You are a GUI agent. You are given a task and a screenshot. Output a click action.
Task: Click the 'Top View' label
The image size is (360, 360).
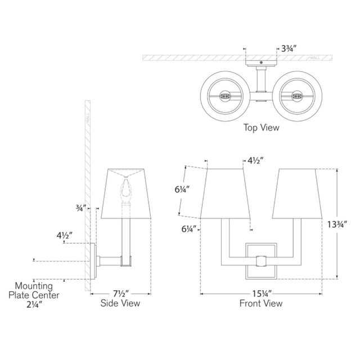click(261, 128)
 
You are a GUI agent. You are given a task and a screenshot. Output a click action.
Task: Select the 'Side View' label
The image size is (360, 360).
click(120, 303)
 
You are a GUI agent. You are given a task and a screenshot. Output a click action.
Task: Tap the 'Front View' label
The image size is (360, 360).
click(261, 303)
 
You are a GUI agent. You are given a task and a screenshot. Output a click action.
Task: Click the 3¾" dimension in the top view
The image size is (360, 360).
click(289, 49)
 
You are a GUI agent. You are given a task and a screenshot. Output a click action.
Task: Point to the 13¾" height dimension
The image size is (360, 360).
click(337, 224)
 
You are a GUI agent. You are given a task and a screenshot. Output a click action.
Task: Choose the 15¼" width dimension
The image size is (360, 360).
click(262, 294)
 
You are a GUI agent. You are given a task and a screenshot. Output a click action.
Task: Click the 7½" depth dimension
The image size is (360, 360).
click(121, 294)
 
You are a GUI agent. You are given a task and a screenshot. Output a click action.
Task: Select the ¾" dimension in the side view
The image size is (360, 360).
click(81, 208)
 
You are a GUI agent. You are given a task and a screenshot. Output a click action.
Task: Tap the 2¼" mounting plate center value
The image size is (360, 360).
click(34, 304)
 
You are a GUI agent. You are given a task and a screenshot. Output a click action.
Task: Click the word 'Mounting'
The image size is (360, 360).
click(34, 286)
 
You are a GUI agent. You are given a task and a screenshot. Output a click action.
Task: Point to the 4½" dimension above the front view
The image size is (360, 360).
click(255, 160)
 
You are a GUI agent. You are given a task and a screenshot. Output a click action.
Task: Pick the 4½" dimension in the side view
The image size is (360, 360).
click(65, 235)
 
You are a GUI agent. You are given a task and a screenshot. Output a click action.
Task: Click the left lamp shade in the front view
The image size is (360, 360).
click(225, 193)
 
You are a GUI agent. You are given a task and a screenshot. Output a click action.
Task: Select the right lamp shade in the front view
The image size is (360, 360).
click(297, 193)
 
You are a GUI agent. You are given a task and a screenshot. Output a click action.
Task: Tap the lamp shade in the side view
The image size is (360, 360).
click(126, 193)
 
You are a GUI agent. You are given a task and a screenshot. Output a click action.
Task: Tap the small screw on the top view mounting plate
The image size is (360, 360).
click(261, 62)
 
